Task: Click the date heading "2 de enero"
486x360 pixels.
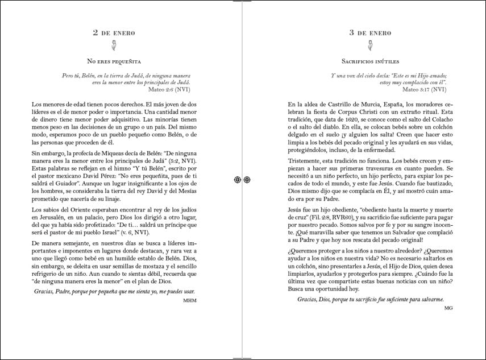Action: (x=114, y=33)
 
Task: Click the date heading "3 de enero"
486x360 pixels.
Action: (x=370, y=33)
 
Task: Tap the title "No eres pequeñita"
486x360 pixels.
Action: (x=114, y=61)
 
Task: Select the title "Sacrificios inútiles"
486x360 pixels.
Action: (x=370, y=61)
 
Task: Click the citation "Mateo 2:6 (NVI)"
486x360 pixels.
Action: (x=169, y=89)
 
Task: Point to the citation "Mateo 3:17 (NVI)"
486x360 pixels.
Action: (x=423, y=89)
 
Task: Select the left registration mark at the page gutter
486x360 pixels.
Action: (x=238, y=180)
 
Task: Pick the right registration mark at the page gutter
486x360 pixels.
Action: (x=247, y=180)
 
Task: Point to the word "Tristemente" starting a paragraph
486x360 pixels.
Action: (x=308, y=161)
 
